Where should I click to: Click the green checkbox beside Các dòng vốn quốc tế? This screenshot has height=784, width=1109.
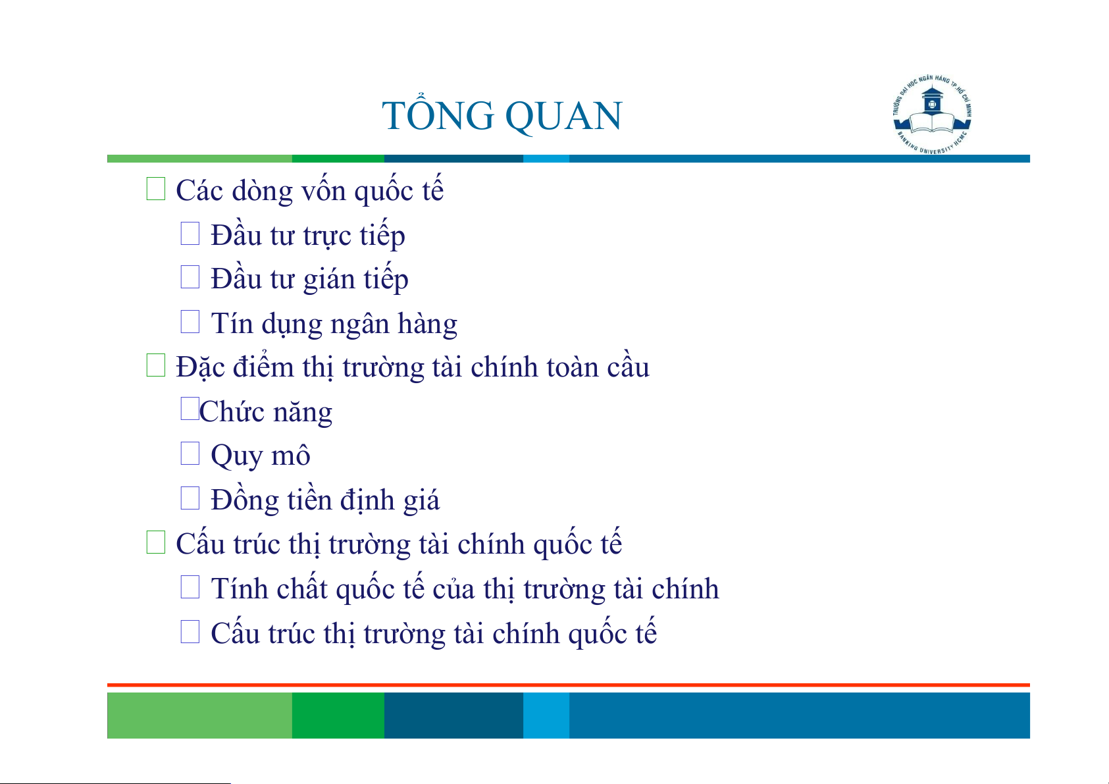155,189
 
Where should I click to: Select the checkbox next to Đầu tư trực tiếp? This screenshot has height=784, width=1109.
190,233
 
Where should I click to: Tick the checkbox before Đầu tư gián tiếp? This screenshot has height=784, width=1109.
190,277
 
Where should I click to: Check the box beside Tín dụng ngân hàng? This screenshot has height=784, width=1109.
190,321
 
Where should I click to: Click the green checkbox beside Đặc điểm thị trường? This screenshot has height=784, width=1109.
155,365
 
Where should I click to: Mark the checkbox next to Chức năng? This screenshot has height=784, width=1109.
190,409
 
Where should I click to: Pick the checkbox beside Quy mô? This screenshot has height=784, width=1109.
190,453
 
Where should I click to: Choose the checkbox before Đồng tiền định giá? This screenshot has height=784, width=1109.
190,498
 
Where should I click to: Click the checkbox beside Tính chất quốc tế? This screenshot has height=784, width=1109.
190,587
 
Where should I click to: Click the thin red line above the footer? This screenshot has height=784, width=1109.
569,685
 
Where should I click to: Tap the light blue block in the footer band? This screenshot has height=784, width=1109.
546,715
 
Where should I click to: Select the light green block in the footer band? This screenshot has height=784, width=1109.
199,715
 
